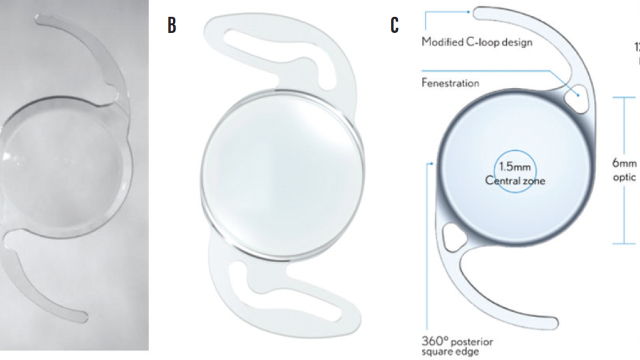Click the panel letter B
tap(172, 25)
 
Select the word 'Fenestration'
tap(450, 83)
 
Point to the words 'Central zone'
tap(515, 181)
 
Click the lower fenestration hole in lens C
tap(453, 237)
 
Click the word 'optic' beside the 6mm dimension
tap(624, 177)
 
